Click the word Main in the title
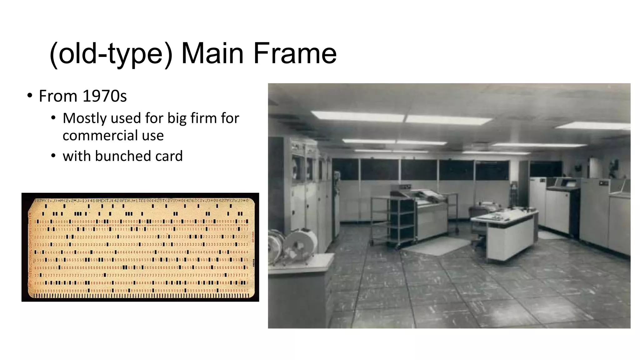[212, 53]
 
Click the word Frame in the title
[295, 53]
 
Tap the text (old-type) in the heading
[111, 54]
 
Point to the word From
[58, 96]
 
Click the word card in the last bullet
[169, 156]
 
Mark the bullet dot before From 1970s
[30, 96]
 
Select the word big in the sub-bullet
[177, 118]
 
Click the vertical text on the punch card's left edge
[30, 250]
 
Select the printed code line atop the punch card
[141, 200]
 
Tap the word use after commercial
[153, 136]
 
